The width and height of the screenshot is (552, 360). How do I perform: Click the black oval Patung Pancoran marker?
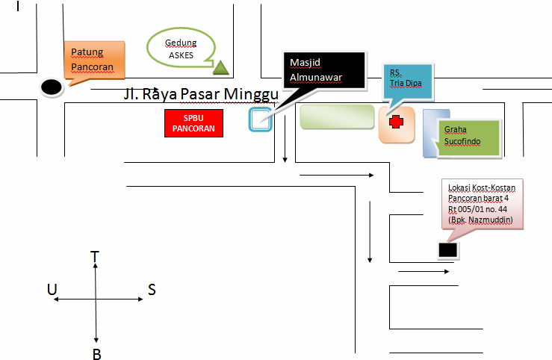[51, 87]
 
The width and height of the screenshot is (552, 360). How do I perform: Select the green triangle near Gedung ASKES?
[220, 68]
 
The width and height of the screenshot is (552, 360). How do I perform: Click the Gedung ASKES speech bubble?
[181, 49]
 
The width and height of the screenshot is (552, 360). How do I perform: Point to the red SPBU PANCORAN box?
[193, 124]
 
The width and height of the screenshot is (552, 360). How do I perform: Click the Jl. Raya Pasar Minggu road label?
[201, 96]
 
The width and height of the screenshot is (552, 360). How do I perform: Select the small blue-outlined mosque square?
[259, 120]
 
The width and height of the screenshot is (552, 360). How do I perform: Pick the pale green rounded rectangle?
[337, 118]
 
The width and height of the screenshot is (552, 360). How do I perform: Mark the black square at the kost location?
[447, 251]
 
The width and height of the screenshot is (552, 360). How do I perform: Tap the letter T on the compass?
[95, 257]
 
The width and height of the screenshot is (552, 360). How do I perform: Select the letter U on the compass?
[52, 290]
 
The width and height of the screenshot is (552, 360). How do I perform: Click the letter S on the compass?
[152, 290]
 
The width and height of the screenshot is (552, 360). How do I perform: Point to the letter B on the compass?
[96, 354]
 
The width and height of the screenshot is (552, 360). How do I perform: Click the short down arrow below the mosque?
[285, 149]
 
